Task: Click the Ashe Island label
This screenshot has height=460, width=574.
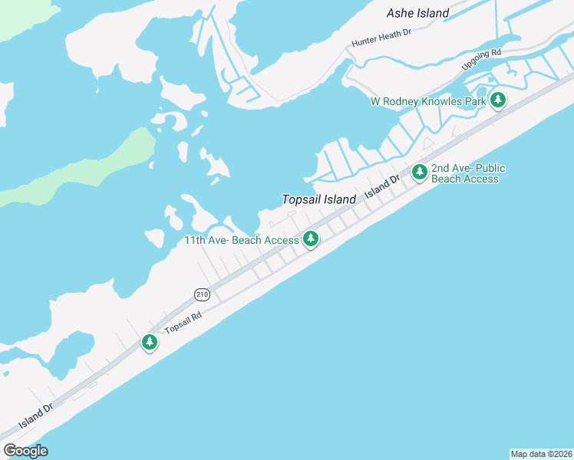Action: click(417, 13)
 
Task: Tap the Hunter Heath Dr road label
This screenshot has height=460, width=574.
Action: click(381, 38)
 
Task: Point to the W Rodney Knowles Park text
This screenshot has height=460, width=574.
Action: click(428, 101)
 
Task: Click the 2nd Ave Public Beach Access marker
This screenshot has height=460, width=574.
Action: click(419, 172)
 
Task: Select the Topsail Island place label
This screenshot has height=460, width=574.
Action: click(318, 199)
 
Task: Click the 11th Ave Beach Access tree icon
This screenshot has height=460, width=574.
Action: click(311, 239)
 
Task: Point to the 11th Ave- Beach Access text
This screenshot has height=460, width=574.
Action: click(241, 240)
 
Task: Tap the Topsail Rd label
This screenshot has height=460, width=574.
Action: click(182, 325)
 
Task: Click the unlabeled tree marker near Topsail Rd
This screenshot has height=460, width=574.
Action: click(150, 342)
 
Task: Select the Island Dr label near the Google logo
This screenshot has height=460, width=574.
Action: click(35, 416)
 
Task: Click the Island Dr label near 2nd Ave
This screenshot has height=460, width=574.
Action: click(383, 188)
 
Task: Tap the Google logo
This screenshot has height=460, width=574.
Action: click(25, 451)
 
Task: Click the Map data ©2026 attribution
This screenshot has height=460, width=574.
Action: click(541, 454)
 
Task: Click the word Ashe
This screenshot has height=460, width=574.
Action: click(401, 13)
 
